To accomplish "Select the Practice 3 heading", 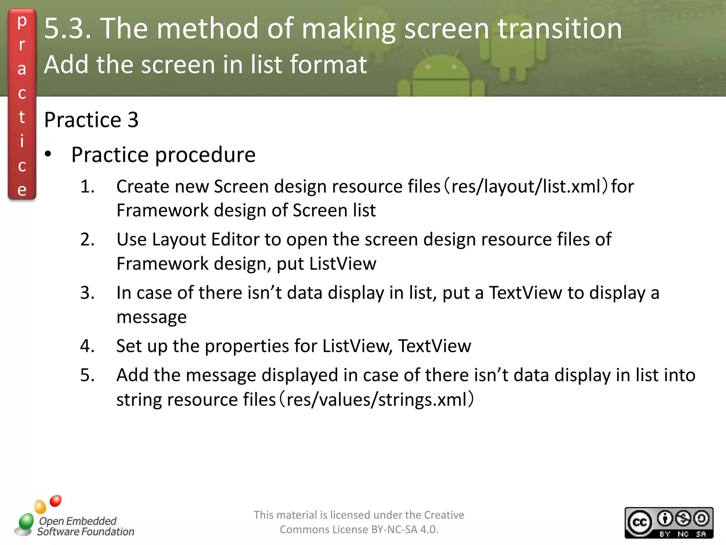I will [x=91, y=120].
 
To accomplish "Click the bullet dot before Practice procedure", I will [x=48, y=154].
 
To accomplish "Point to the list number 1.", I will [x=87, y=187].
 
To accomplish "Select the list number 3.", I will [x=87, y=293].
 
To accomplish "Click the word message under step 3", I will [x=151, y=317].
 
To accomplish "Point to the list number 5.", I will [x=87, y=375].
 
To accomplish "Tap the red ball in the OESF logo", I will [x=56, y=501].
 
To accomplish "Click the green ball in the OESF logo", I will [x=26, y=521].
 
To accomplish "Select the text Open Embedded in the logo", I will [x=78, y=521].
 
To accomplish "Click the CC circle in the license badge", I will [x=640, y=523].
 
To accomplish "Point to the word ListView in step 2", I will [x=342, y=264].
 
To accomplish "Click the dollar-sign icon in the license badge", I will [x=683, y=518].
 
